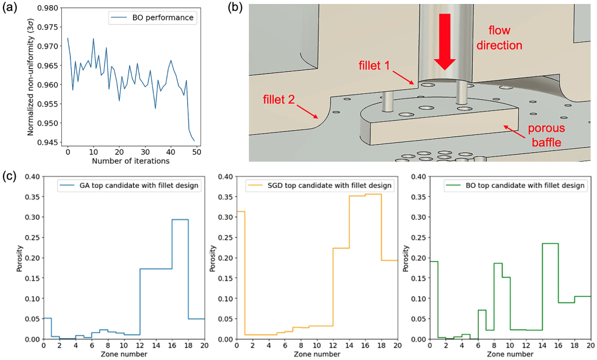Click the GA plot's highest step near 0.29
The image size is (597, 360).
[x=180, y=219]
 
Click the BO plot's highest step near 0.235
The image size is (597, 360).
[x=550, y=243]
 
